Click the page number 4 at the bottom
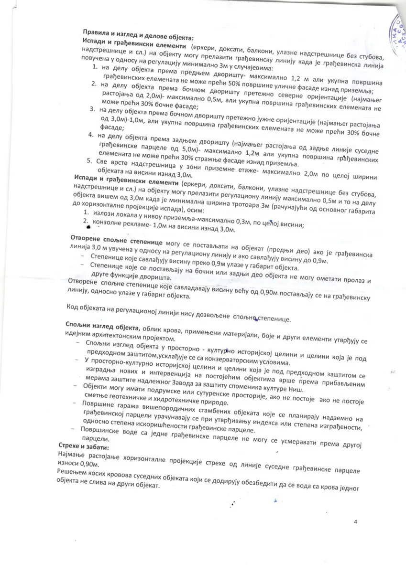coord(355,522)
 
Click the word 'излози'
coord(104,213)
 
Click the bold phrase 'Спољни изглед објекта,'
coord(103,326)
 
